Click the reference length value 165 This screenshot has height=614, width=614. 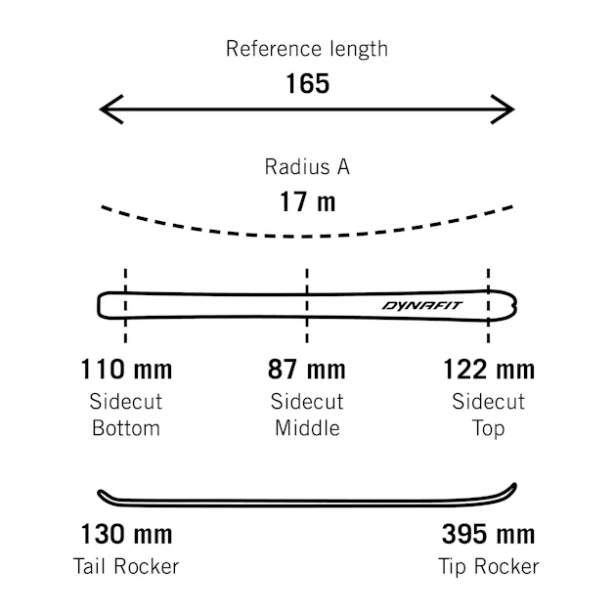[307, 83]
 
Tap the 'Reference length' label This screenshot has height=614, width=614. [307, 49]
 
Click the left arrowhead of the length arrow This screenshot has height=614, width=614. [111, 110]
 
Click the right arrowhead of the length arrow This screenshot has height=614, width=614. [503, 110]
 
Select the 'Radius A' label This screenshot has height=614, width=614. [307, 167]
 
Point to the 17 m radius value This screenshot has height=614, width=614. [307, 201]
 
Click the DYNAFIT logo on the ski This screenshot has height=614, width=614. [422, 305]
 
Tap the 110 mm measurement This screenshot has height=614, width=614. [126, 370]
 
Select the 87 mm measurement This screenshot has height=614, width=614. [307, 370]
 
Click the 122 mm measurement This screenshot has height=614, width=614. [489, 370]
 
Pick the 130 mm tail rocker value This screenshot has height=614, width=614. [126, 534]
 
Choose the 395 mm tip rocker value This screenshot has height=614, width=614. [488, 534]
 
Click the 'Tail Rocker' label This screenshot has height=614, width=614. [126, 566]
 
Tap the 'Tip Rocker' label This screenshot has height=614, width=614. [489, 567]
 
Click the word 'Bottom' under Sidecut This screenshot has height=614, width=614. [126, 428]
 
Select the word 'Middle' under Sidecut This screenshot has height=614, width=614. [307, 428]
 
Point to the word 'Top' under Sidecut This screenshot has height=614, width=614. [488, 429]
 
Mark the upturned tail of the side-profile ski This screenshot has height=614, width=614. [102, 494]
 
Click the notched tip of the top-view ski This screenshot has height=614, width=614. [515, 306]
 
